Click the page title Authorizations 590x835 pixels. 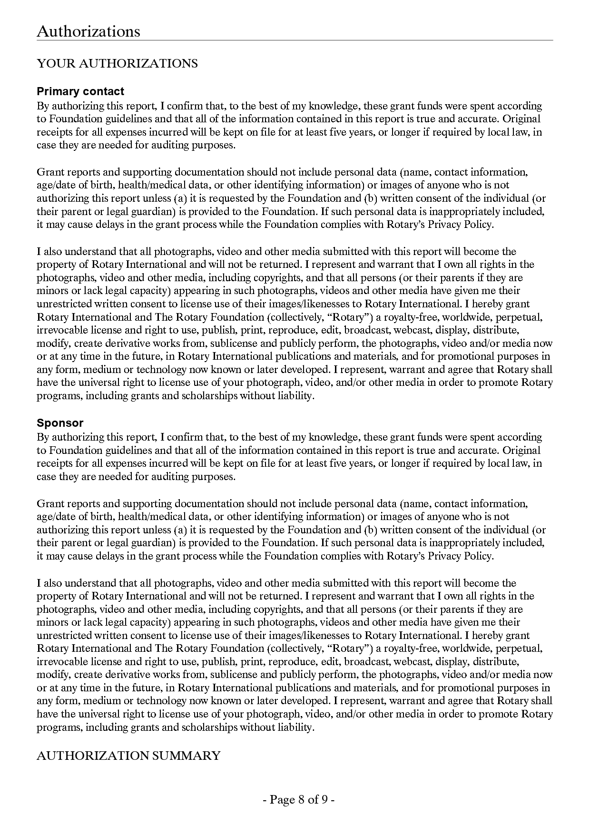tap(88, 31)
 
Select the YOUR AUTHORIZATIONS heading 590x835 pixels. tap(117, 64)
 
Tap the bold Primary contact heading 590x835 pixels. tap(80, 91)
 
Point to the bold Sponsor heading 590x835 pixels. tap(60, 423)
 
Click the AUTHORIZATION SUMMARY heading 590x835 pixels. tap(128, 756)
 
